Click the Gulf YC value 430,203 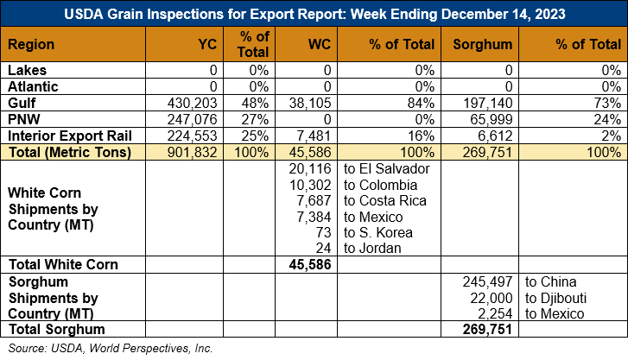[193, 103]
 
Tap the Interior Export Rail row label [70, 136]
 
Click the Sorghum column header [483, 44]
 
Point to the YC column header [207, 44]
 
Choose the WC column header [320, 44]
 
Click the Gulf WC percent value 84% [421, 103]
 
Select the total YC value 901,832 [193, 152]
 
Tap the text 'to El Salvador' [386, 168]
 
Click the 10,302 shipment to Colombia [310, 185]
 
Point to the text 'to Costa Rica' [385, 200]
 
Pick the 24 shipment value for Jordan [323, 249]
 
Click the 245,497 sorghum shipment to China [487, 282]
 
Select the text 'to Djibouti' [555, 299]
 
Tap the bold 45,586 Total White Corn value [310, 265]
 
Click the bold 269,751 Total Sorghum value [487, 329]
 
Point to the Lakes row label [28, 70]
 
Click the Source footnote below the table [111, 349]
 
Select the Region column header [31, 44]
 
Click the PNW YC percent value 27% [255, 119]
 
